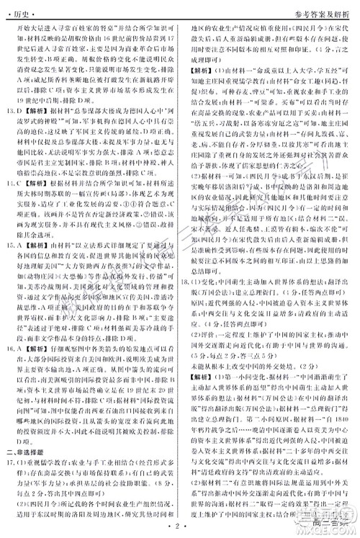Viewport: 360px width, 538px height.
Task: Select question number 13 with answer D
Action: pyautogui.click(x=12, y=112)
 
